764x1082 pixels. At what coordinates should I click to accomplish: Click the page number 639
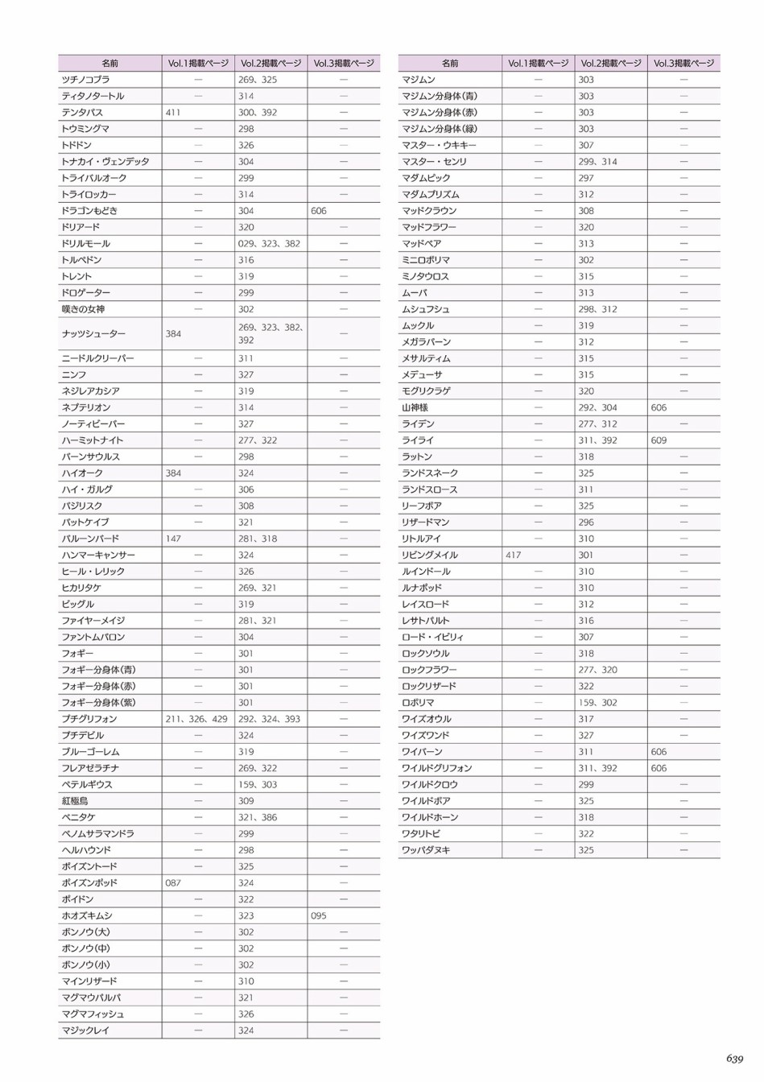point(733,1059)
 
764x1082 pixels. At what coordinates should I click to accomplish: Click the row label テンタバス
point(82,113)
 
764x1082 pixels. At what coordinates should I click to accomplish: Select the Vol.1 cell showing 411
point(173,113)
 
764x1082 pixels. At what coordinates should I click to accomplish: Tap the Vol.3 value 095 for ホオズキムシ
point(319,915)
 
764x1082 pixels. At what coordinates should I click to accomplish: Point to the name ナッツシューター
point(93,333)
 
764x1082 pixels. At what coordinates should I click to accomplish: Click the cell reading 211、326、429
point(196,719)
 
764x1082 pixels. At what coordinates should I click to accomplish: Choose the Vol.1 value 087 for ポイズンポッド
point(173,882)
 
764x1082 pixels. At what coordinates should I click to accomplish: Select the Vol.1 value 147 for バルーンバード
point(173,539)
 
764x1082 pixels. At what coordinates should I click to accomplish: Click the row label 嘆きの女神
point(83,309)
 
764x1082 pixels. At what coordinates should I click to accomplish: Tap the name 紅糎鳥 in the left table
point(75,801)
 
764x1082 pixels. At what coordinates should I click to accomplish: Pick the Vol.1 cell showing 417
point(513,555)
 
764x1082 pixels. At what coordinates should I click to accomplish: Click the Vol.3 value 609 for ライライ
point(659,440)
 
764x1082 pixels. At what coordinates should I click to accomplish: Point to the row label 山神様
point(415,407)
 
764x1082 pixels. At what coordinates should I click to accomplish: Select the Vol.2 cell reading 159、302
point(597,702)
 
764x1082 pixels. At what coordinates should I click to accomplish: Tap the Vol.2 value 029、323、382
point(269,243)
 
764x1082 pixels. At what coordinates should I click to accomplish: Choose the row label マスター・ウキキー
point(439,145)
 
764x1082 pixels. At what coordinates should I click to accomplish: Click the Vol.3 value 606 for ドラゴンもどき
point(319,210)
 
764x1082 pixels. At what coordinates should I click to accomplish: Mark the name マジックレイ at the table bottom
point(85,1030)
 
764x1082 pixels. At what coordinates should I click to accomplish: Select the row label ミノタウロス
point(425,276)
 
